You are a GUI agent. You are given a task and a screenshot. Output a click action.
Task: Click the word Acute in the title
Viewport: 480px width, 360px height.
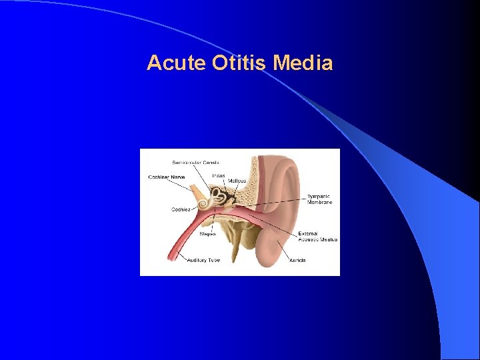pyautogui.click(x=168, y=63)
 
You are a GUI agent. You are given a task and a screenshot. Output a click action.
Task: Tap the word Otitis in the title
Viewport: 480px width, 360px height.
pyautogui.click(x=230, y=63)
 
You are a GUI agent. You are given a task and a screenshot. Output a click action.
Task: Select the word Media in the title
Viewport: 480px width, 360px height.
pyautogui.click(x=303, y=63)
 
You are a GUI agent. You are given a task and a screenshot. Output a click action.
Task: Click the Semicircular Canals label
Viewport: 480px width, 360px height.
pyautogui.click(x=195, y=162)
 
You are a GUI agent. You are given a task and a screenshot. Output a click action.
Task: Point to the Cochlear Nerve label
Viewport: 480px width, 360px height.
pyautogui.click(x=167, y=177)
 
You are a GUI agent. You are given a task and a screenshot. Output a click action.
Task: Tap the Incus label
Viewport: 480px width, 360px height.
pyautogui.click(x=218, y=175)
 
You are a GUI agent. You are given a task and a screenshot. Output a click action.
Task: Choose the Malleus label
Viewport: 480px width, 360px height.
pyautogui.click(x=236, y=181)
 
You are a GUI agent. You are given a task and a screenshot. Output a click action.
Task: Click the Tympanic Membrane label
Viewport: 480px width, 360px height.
pyautogui.click(x=319, y=199)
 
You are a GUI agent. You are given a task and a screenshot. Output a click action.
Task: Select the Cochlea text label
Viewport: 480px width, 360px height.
pyautogui.click(x=181, y=209)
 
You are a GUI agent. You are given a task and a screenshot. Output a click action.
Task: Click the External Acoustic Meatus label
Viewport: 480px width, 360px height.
pyautogui.click(x=317, y=237)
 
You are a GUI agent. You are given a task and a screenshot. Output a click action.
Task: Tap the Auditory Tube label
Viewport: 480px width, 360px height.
pyautogui.click(x=203, y=260)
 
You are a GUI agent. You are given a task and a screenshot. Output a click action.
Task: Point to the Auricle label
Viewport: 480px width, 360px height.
pyautogui.click(x=297, y=260)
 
